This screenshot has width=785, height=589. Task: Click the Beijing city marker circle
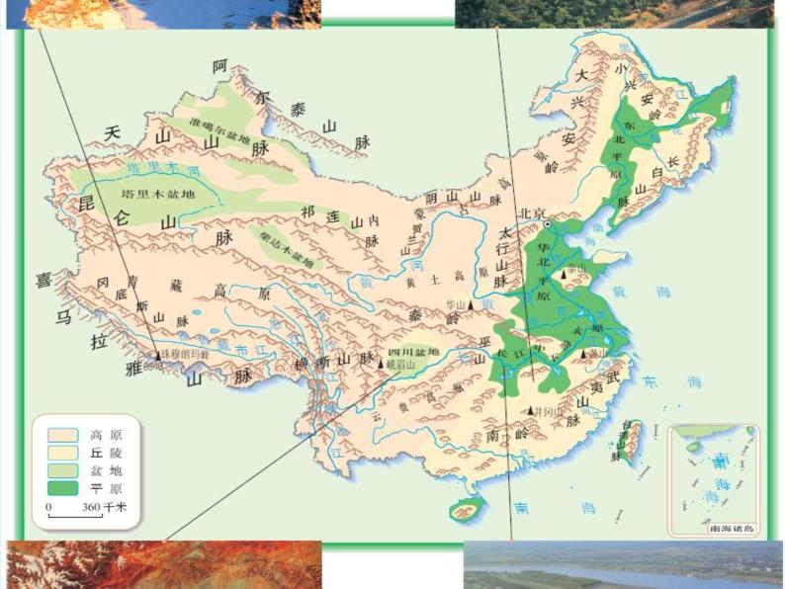pyautogui.click(x=546, y=224)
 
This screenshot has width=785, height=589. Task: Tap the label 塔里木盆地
pyautogui.click(x=158, y=194)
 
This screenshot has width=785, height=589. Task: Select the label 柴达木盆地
pyautogui.click(x=287, y=250)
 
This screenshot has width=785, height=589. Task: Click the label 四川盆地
pyautogui.click(x=413, y=352)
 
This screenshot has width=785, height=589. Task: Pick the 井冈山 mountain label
pyautogui.click(x=548, y=410)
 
